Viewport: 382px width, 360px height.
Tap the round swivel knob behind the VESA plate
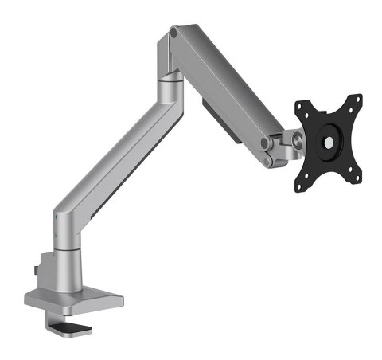tap(297, 142)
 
